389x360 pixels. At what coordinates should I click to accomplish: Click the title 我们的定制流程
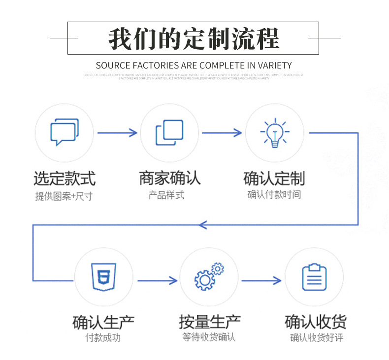(194, 39)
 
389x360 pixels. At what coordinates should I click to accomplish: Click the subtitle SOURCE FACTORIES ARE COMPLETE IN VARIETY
(194, 65)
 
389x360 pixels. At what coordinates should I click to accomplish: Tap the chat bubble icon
(64, 132)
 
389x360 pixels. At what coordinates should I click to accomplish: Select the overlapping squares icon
(169, 133)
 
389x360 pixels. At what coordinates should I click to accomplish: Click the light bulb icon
(274, 133)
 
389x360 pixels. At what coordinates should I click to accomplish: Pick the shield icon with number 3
(103, 277)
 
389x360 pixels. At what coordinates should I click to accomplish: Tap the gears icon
(209, 277)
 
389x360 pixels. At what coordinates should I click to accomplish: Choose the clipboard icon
(314, 277)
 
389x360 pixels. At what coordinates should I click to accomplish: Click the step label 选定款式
(65, 178)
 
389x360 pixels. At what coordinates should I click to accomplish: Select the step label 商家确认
(169, 178)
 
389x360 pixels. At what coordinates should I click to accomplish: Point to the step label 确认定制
(274, 178)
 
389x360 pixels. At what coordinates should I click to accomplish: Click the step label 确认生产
(103, 322)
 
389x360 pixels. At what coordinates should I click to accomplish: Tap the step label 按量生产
(209, 322)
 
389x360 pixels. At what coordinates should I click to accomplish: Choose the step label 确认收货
(316, 322)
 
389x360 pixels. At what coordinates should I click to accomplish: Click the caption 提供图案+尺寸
(64, 196)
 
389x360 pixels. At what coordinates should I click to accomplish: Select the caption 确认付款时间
(274, 195)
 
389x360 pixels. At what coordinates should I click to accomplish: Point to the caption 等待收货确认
(209, 337)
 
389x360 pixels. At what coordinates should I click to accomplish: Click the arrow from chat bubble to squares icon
(117, 132)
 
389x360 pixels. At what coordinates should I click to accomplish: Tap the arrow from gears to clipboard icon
(261, 280)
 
